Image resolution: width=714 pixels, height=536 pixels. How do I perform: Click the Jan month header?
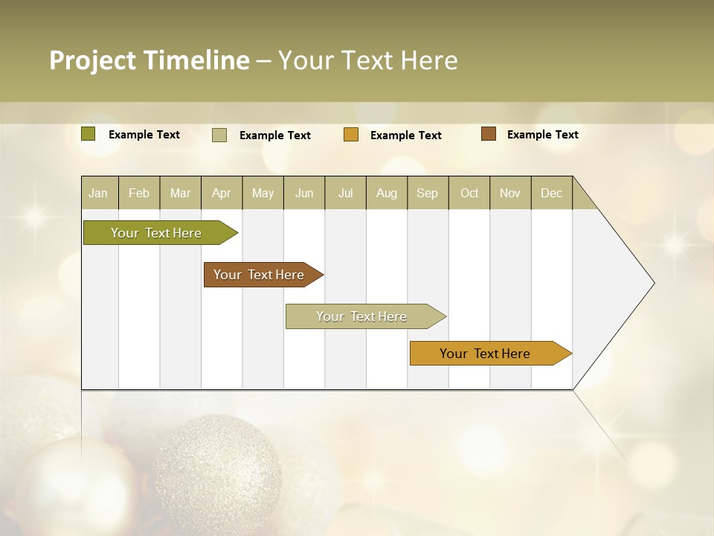(x=99, y=193)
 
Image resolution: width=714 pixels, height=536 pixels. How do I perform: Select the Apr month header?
(x=221, y=193)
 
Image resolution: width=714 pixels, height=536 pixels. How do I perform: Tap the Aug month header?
(x=386, y=193)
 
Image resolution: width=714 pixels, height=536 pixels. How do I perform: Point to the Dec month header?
(x=551, y=193)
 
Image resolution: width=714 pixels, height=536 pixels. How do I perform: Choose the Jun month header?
(x=303, y=193)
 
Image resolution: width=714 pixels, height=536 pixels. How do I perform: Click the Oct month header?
(x=469, y=193)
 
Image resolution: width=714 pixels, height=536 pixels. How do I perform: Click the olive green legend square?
(x=89, y=134)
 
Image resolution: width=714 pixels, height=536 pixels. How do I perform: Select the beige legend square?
(x=219, y=135)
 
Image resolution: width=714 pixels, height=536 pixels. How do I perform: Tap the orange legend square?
(x=351, y=135)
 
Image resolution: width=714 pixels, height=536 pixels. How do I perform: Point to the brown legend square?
(x=489, y=134)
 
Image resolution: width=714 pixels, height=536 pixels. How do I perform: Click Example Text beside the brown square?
(x=542, y=135)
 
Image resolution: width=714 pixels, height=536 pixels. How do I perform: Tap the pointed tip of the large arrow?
(x=652, y=283)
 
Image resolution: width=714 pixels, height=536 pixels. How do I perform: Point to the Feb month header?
(x=139, y=193)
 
